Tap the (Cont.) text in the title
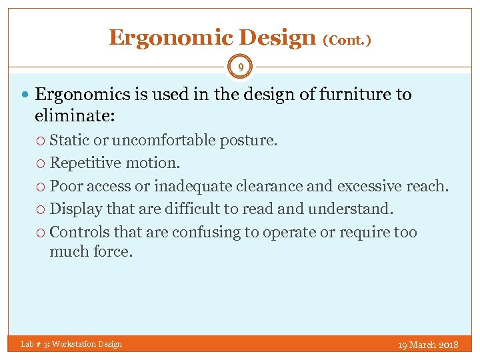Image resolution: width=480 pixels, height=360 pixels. pyautogui.click(x=347, y=40)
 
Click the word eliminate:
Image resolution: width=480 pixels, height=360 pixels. pyautogui.click(x=75, y=115)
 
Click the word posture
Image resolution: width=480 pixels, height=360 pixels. pyautogui.click(x=252, y=140)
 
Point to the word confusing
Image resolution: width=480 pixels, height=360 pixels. pyautogui.click(x=203, y=232)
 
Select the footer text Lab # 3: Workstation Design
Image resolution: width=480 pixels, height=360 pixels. pyautogui.click(x=71, y=344)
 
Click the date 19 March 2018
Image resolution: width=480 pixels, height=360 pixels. pyautogui.click(x=427, y=345)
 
